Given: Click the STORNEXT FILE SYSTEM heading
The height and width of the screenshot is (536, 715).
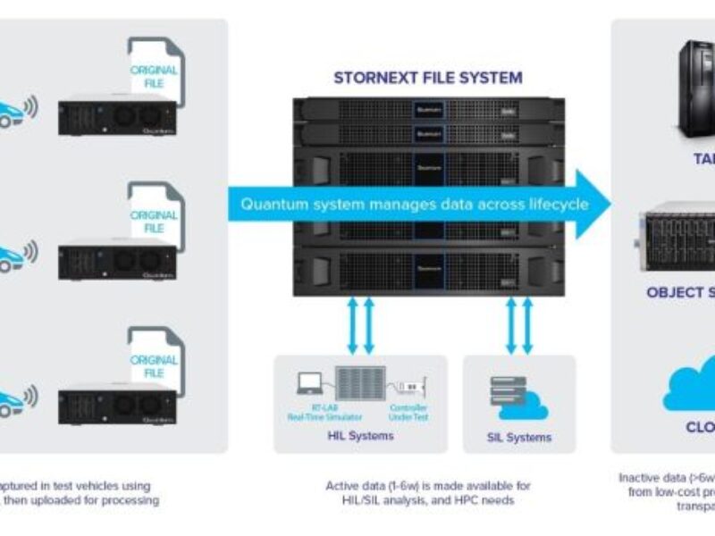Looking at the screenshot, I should (x=427, y=78).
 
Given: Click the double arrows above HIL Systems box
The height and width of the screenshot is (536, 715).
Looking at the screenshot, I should (x=359, y=325).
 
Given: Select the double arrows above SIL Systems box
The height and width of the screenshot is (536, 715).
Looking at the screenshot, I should (x=519, y=325).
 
